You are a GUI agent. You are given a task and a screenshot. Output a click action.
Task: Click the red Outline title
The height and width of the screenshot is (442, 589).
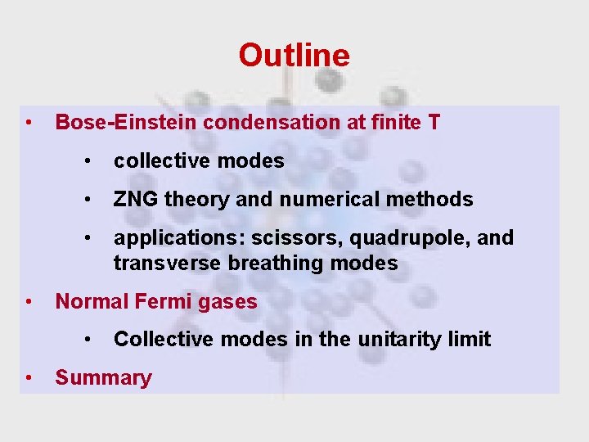point(294,56)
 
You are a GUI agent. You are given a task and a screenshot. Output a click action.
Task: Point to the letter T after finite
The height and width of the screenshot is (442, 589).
point(433,123)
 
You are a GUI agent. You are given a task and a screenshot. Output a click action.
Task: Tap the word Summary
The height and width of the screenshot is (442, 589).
point(103,378)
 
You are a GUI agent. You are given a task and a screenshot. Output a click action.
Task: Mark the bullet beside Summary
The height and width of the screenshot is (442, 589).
point(29,377)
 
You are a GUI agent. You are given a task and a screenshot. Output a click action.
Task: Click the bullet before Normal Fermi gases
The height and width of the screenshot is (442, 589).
point(29,301)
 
